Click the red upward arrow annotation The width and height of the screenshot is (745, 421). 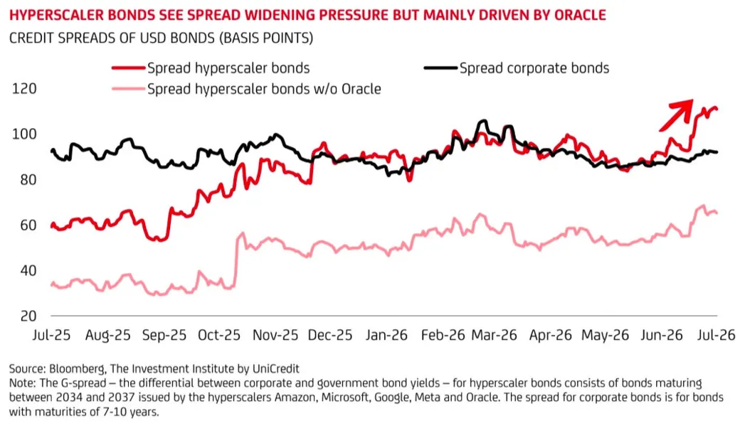pyautogui.click(x=676, y=115)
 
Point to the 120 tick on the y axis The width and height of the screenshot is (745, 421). pyautogui.click(x=24, y=89)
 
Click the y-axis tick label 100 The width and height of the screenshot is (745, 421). pyautogui.click(x=24, y=134)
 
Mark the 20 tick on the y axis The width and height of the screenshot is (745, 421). pyautogui.click(x=28, y=316)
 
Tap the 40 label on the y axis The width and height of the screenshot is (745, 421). pyautogui.click(x=28, y=270)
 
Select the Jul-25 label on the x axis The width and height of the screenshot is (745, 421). pyautogui.click(x=51, y=336)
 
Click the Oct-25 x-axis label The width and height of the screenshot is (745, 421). pyautogui.click(x=219, y=336)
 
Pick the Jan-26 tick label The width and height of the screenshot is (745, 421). pyautogui.click(x=386, y=336)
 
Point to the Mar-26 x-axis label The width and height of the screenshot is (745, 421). pyautogui.click(x=494, y=336)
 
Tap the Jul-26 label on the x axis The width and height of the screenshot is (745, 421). pyautogui.click(x=716, y=336)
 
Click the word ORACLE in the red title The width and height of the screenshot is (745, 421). pyautogui.click(x=578, y=15)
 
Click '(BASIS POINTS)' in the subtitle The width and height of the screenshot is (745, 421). pyautogui.click(x=266, y=38)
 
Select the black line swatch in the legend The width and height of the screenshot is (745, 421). pyautogui.click(x=441, y=68)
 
